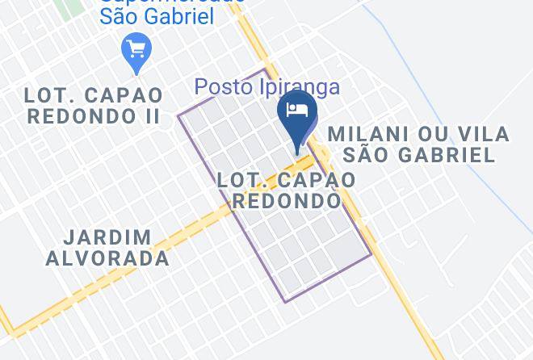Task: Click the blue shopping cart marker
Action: [x=135, y=51]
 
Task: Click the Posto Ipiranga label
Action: [x=267, y=86]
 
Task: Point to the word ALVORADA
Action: [x=107, y=258]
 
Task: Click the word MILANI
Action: [x=367, y=134]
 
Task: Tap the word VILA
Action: [x=482, y=134]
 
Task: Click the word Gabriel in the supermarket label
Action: [x=177, y=16]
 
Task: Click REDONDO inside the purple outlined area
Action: [x=287, y=199]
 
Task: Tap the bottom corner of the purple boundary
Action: [x=284, y=302]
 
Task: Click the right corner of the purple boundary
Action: [x=371, y=255]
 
